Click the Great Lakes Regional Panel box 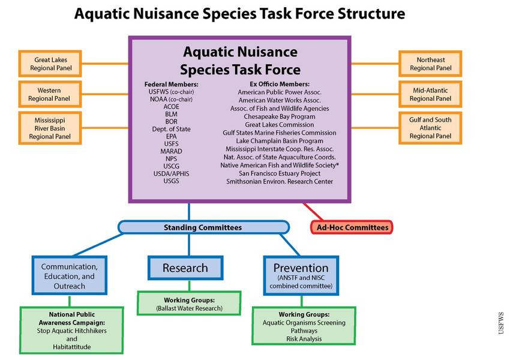tap(50, 64)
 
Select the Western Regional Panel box tap(50, 94)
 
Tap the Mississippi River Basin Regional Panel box tap(50, 128)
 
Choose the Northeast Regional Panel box tap(430, 64)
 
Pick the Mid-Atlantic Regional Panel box tap(430, 94)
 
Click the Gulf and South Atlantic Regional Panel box tap(430, 128)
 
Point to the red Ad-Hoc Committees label tap(352, 227)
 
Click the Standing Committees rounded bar tap(203, 227)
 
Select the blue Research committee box tap(185, 268)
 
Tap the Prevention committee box tap(301, 276)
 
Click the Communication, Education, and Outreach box tap(70, 276)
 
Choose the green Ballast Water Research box tap(189, 304)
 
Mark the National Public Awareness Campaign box tap(71, 331)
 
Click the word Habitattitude tap(72, 347)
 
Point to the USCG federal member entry tap(172, 166)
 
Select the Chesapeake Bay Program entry tap(280, 116)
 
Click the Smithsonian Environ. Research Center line tap(280, 181)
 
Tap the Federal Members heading tap(172, 84)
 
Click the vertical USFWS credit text tap(501, 323)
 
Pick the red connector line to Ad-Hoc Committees tap(313, 212)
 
